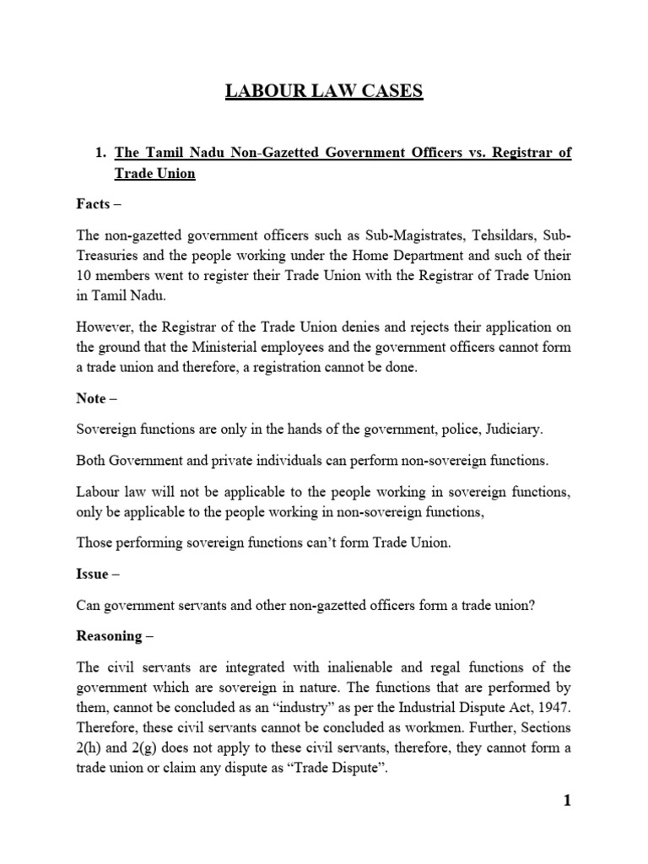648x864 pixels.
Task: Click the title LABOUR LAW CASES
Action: (x=324, y=90)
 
